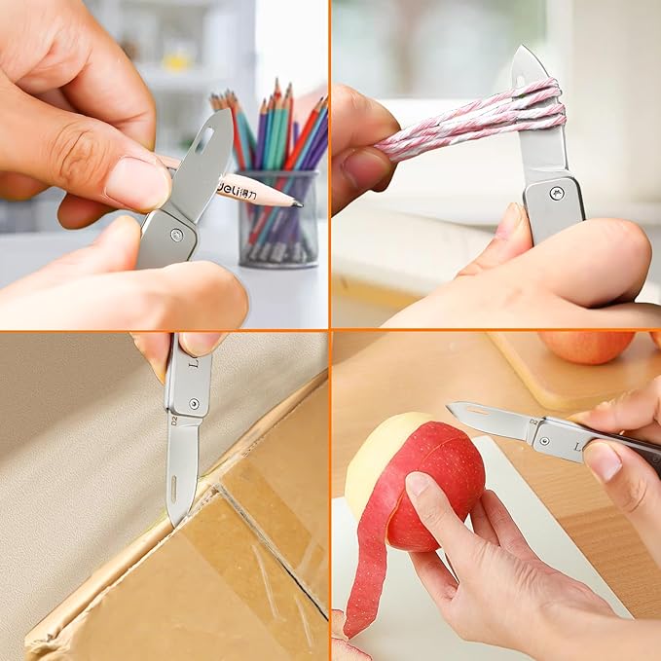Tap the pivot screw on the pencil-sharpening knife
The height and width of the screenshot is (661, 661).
tap(176, 235)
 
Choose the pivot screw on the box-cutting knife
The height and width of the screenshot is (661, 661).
tap(194, 404)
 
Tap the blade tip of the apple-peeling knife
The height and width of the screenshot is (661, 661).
tap(451, 406)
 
